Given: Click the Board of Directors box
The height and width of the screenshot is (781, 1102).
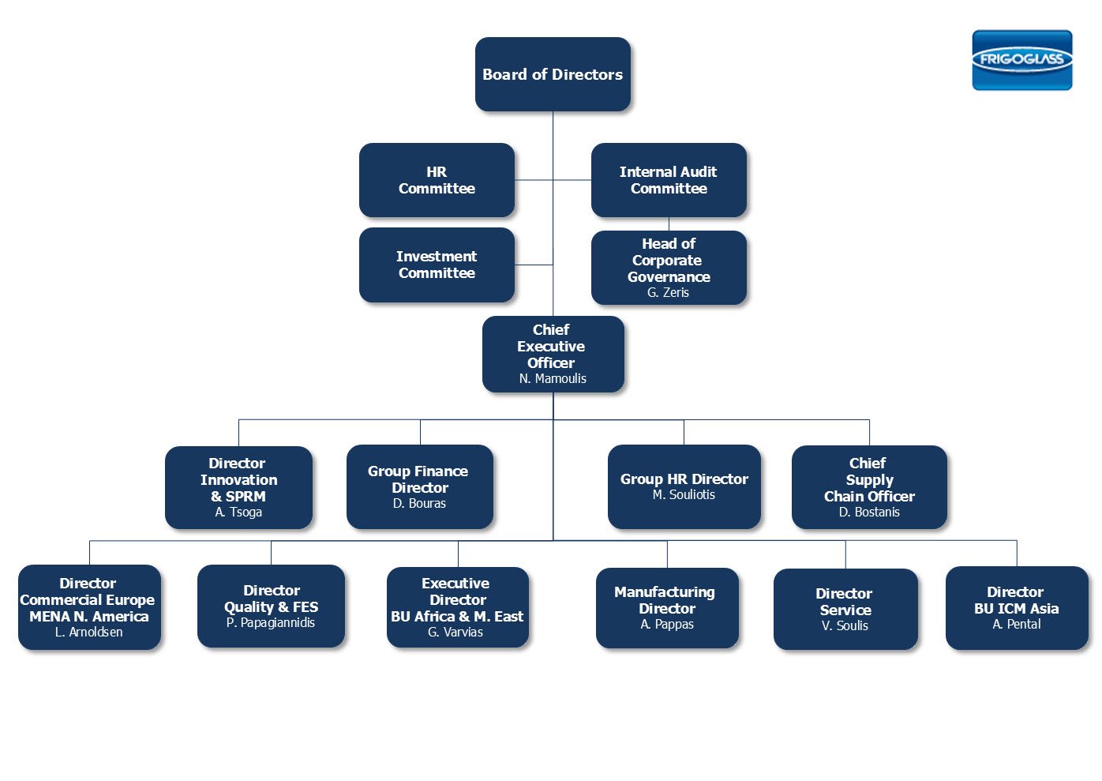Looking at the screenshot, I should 553,74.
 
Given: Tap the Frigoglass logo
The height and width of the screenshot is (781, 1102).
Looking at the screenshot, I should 1021,60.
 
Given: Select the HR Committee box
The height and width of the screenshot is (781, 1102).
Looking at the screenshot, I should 437,180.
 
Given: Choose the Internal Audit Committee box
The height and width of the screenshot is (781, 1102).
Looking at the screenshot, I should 669,180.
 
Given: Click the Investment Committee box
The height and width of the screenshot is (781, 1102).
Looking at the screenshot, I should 437,265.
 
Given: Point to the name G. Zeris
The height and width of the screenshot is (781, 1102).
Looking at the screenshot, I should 668,293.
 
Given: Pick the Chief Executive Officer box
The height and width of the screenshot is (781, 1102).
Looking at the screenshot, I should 553,354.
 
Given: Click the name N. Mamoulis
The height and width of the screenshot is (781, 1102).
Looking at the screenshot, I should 553,379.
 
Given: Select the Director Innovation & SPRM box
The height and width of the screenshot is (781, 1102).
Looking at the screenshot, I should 238,486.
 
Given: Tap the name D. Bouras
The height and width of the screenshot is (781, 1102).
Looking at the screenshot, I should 419,504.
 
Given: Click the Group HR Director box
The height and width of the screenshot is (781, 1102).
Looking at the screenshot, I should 684,486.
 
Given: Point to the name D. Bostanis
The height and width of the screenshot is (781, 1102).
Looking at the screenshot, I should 869,513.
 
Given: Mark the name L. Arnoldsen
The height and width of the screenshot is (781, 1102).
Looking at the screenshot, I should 89,633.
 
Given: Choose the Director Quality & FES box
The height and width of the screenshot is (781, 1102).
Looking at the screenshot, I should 271,606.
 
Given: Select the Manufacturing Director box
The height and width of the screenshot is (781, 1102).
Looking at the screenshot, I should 667,608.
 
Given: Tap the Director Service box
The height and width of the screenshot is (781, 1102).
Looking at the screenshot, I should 845,609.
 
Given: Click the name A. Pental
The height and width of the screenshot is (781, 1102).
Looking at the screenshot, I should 1017,625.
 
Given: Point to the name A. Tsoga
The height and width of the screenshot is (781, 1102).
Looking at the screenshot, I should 238,513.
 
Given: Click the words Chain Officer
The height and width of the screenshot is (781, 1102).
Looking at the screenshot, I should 869,497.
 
